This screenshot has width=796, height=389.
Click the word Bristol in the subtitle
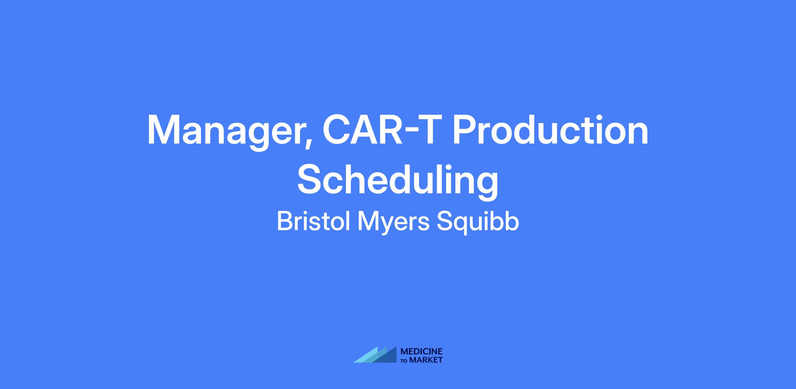[313, 222]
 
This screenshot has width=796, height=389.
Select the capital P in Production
[466, 130]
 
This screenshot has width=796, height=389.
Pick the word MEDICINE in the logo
[422, 352]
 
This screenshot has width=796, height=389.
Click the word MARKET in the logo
[426, 360]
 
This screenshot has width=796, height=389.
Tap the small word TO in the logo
[405, 360]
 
